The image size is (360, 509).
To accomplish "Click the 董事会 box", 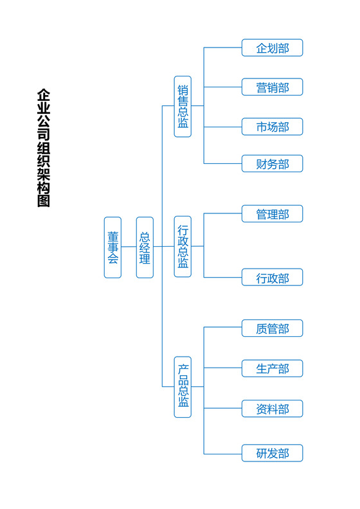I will [x=113, y=247].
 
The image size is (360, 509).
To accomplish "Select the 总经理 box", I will [x=145, y=247].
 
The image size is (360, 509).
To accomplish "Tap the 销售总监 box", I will [x=183, y=106].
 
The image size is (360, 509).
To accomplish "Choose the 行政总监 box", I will [x=183, y=246].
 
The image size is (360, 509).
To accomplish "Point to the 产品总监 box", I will [x=183, y=386].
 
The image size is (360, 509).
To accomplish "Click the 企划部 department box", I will [x=272, y=48].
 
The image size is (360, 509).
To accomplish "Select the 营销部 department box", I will [x=272, y=87].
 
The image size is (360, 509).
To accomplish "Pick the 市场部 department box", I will [x=272, y=127].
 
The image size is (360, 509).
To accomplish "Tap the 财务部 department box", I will [x=272, y=164].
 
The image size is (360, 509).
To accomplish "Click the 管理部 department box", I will [x=272, y=214].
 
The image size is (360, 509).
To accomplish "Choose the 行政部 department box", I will [x=272, y=278].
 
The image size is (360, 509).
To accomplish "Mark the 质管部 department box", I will [x=272, y=328].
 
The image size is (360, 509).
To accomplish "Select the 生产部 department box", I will [x=272, y=368].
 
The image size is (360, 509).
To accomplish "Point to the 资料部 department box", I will [x=272, y=409].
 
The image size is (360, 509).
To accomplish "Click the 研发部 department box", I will [x=272, y=453].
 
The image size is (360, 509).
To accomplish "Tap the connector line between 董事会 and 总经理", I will [x=129, y=247].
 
